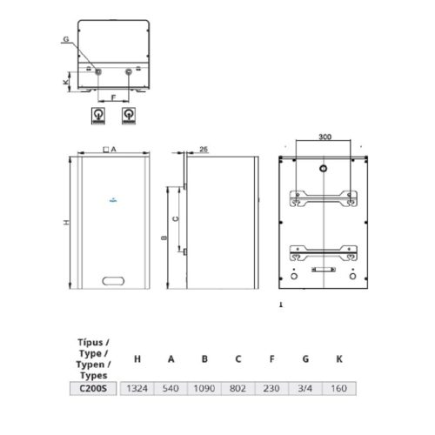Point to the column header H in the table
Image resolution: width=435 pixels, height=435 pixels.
coord(137,358)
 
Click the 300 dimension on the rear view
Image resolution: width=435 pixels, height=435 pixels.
coord(325,137)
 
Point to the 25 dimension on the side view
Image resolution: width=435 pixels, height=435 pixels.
coord(203,149)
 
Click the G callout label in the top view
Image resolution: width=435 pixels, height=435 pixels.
coord(65,40)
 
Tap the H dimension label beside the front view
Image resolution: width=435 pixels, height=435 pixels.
coord(64,224)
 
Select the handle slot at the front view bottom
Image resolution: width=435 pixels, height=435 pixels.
coord(114,280)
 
